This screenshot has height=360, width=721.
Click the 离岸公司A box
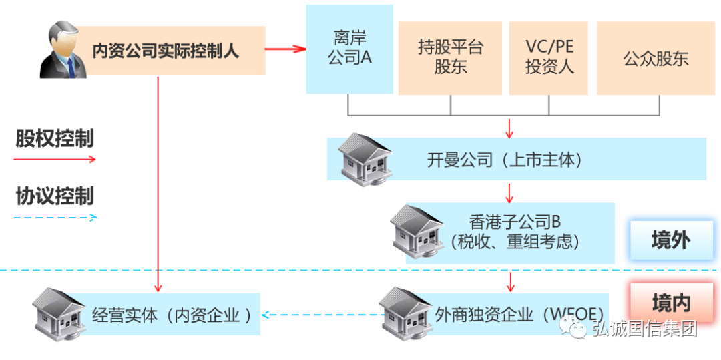pos(349,49)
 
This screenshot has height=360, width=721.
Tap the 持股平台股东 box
pos(450,57)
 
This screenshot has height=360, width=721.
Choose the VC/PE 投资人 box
pos(549,57)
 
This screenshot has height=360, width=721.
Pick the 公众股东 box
pos(656,58)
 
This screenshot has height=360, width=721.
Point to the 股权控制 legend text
pos(55,139)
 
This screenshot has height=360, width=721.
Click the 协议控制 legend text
pos(55,196)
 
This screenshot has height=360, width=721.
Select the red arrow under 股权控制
pos(55,160)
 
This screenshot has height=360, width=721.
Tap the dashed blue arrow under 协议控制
pos(55,217)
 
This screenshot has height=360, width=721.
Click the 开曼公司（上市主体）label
pos(505,160)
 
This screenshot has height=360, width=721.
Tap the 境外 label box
pos(671,240)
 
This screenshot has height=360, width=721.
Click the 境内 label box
pos(671,303)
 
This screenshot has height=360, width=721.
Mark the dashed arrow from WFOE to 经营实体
pos(320,314)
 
